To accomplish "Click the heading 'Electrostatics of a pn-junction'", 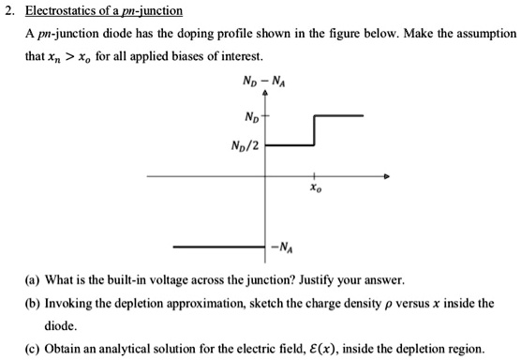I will tap(103, 12).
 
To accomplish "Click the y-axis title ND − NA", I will tap(264, 79).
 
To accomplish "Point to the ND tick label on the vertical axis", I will tap(251, 117).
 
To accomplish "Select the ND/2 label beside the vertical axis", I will tap(246, 145).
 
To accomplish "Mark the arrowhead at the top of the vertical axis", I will tap(265, 93).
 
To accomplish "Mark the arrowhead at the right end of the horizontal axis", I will tap(382, 176).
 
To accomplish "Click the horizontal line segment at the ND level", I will tap(338, 115).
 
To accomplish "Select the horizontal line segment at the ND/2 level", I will tap(290, 145).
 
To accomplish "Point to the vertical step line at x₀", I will tap(314, 130).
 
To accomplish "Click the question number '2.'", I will tap(9, 12).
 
